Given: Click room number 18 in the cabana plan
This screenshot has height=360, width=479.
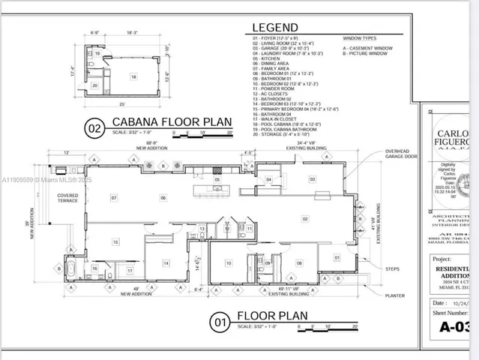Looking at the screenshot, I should (133, 76).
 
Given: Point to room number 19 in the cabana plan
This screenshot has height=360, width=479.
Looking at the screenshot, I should (97, 55).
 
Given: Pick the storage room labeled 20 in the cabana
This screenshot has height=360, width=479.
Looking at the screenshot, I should (95, 85).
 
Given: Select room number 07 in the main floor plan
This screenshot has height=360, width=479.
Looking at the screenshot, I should (114, 198).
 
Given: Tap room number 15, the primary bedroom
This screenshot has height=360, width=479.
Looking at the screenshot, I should (115, 241).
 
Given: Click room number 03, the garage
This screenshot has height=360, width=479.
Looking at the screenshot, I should (312, 179).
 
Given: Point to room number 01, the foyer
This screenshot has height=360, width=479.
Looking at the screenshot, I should (337, 258).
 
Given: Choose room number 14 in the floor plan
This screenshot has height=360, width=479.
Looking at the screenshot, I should (166, 262).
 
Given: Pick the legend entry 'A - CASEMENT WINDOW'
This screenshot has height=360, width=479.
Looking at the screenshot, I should (368, 47).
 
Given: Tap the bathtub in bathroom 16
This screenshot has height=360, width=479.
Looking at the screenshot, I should (73, 268).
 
